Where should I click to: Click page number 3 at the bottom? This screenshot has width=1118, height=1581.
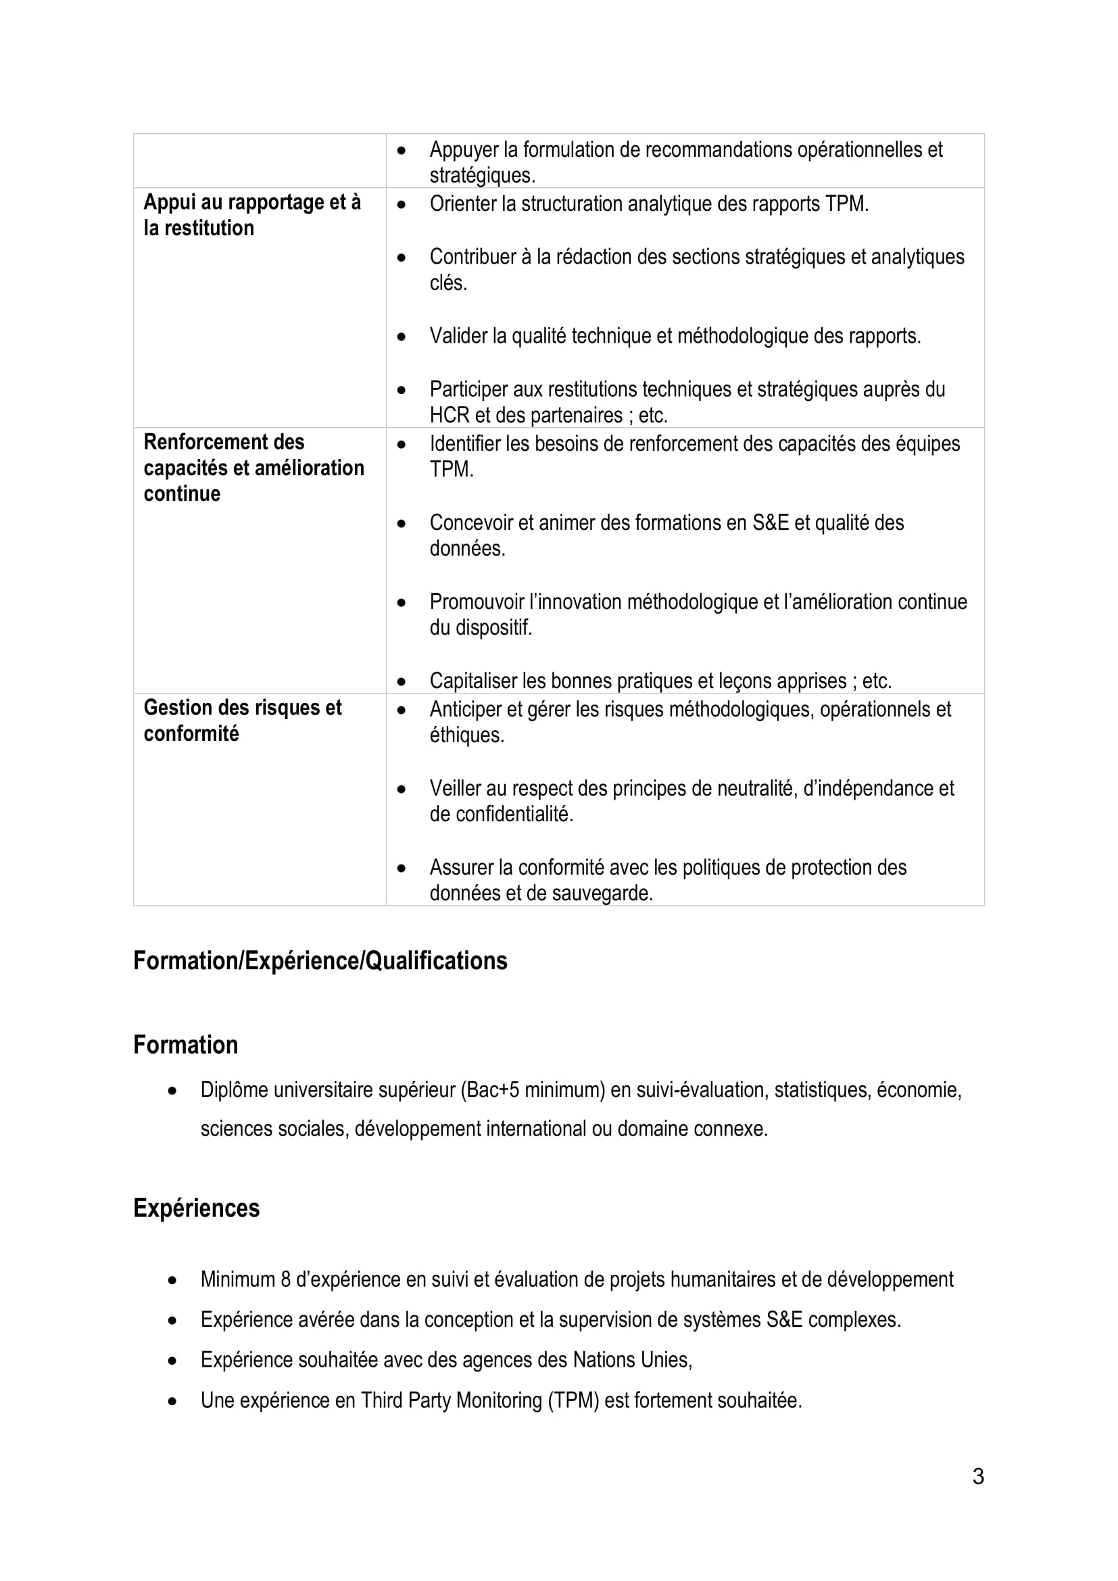point(977,1476)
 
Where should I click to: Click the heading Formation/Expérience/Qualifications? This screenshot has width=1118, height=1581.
point(320,960)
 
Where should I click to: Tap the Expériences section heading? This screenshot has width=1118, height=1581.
point(196,1208)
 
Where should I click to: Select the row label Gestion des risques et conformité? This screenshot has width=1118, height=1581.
point(243,721)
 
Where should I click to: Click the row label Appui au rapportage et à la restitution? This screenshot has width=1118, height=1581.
point(252,215)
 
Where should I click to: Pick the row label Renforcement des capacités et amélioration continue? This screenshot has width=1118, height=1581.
point(253,468)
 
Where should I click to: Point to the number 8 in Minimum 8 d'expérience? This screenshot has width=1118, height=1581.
point(286,1280)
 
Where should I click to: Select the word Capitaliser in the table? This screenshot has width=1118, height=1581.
point(473,681)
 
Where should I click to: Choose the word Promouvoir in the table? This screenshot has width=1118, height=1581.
point(476,602)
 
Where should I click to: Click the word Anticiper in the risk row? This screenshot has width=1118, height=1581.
point(464,709)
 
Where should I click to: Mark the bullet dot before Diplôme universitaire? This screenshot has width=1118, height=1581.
point(173,1091)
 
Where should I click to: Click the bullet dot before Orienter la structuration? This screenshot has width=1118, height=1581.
point(402,205)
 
